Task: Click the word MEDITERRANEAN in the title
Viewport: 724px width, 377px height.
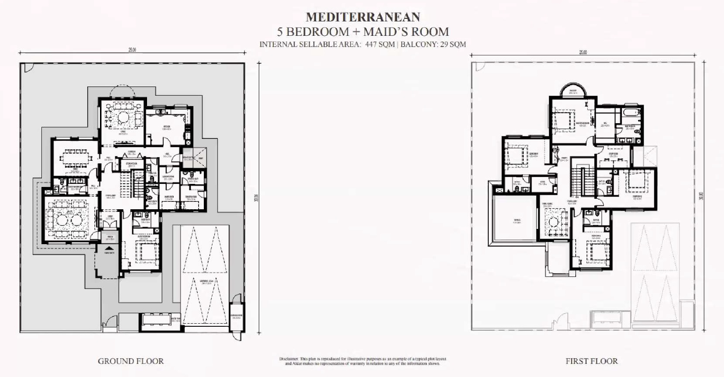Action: click(x=363, y=17)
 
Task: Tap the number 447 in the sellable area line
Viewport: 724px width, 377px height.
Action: click(x=371, y=44)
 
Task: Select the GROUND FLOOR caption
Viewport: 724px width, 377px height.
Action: click(x=130, y=361)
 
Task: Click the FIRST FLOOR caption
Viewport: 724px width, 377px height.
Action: click(x=591, y=361)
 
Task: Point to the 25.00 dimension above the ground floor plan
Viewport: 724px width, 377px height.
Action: click(x=132, y=50)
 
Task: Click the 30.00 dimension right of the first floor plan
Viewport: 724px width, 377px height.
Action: click(x=701, y=197)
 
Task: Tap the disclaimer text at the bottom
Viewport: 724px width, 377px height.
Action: click(x=362, y=361)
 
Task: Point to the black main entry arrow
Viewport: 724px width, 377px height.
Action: click(x=109, y=247)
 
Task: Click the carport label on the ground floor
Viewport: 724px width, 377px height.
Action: click(x=206, y=281)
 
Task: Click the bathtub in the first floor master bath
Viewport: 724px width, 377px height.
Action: click(x=631, y=113)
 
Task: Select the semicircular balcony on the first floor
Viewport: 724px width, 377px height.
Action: click(x=573, y=90)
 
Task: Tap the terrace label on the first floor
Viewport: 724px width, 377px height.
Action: click(x=517, y=221)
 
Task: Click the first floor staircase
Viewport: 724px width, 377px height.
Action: click(x=584, y=181)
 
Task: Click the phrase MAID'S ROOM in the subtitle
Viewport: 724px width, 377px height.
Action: click(x=406, y=31)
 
